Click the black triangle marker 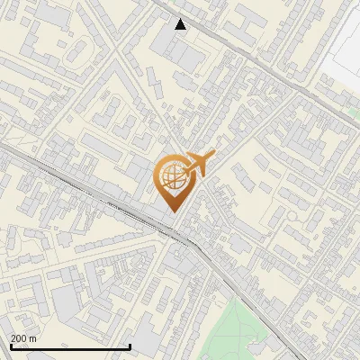click(181, 24)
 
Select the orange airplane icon click(199, 164)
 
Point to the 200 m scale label click(23, 338)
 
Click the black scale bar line click(70, 346)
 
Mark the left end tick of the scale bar click(10, 346)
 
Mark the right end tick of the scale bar click(130, 346)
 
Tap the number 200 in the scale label click(19, 338)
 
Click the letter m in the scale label click(33, 338)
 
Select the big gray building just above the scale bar click(67, 306)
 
